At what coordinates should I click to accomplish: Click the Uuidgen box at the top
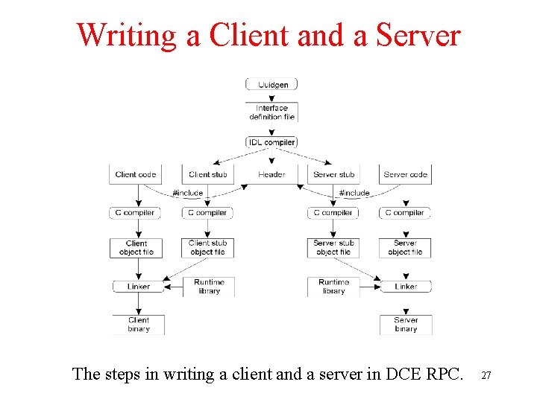pos(271,84)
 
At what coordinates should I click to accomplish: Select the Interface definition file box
pos(271,112)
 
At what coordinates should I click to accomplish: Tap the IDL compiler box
pos(271,142)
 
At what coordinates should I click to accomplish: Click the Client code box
pos(136,175)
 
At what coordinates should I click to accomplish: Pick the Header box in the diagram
pos(271,175)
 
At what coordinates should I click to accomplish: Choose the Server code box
pos(405,175)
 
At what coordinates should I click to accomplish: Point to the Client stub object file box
pos(208,248)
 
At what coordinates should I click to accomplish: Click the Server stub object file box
pos(333,248)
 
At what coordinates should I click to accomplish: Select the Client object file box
pos(136,248)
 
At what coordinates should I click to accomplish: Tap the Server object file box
pos(405,248)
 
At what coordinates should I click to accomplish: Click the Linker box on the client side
pos(138,287)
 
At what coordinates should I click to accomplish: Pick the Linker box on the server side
pos(406,287)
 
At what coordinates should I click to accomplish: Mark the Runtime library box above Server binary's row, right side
pos(333,287)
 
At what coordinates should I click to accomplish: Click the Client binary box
pos(139,325)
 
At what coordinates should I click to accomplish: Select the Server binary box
pos(406,325)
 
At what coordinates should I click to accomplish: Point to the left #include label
pos(187,193)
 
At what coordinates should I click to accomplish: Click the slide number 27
pos(486,376)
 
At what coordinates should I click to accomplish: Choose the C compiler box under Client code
pos(135,213)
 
